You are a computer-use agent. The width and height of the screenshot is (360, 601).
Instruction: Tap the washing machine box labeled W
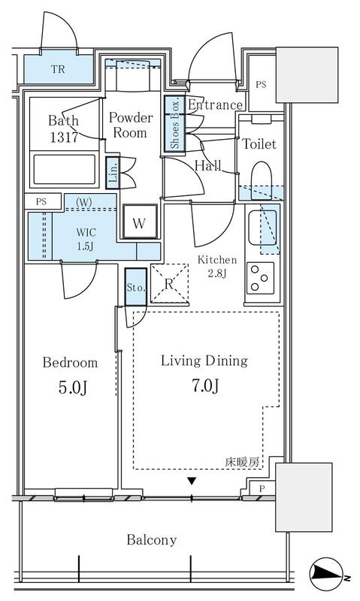tap(139, 223)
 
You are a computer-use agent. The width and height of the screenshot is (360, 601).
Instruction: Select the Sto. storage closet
tap(136, 288)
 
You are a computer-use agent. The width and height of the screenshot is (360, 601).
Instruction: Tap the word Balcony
tap(151, 539)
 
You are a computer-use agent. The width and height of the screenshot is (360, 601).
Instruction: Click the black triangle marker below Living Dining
tap(192, 482)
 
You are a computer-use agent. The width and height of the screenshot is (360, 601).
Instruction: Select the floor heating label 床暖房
tap(244, 463)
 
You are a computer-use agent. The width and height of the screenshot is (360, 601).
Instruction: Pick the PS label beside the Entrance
tap(260, 84)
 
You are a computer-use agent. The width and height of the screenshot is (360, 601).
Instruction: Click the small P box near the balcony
tap(261, 488)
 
